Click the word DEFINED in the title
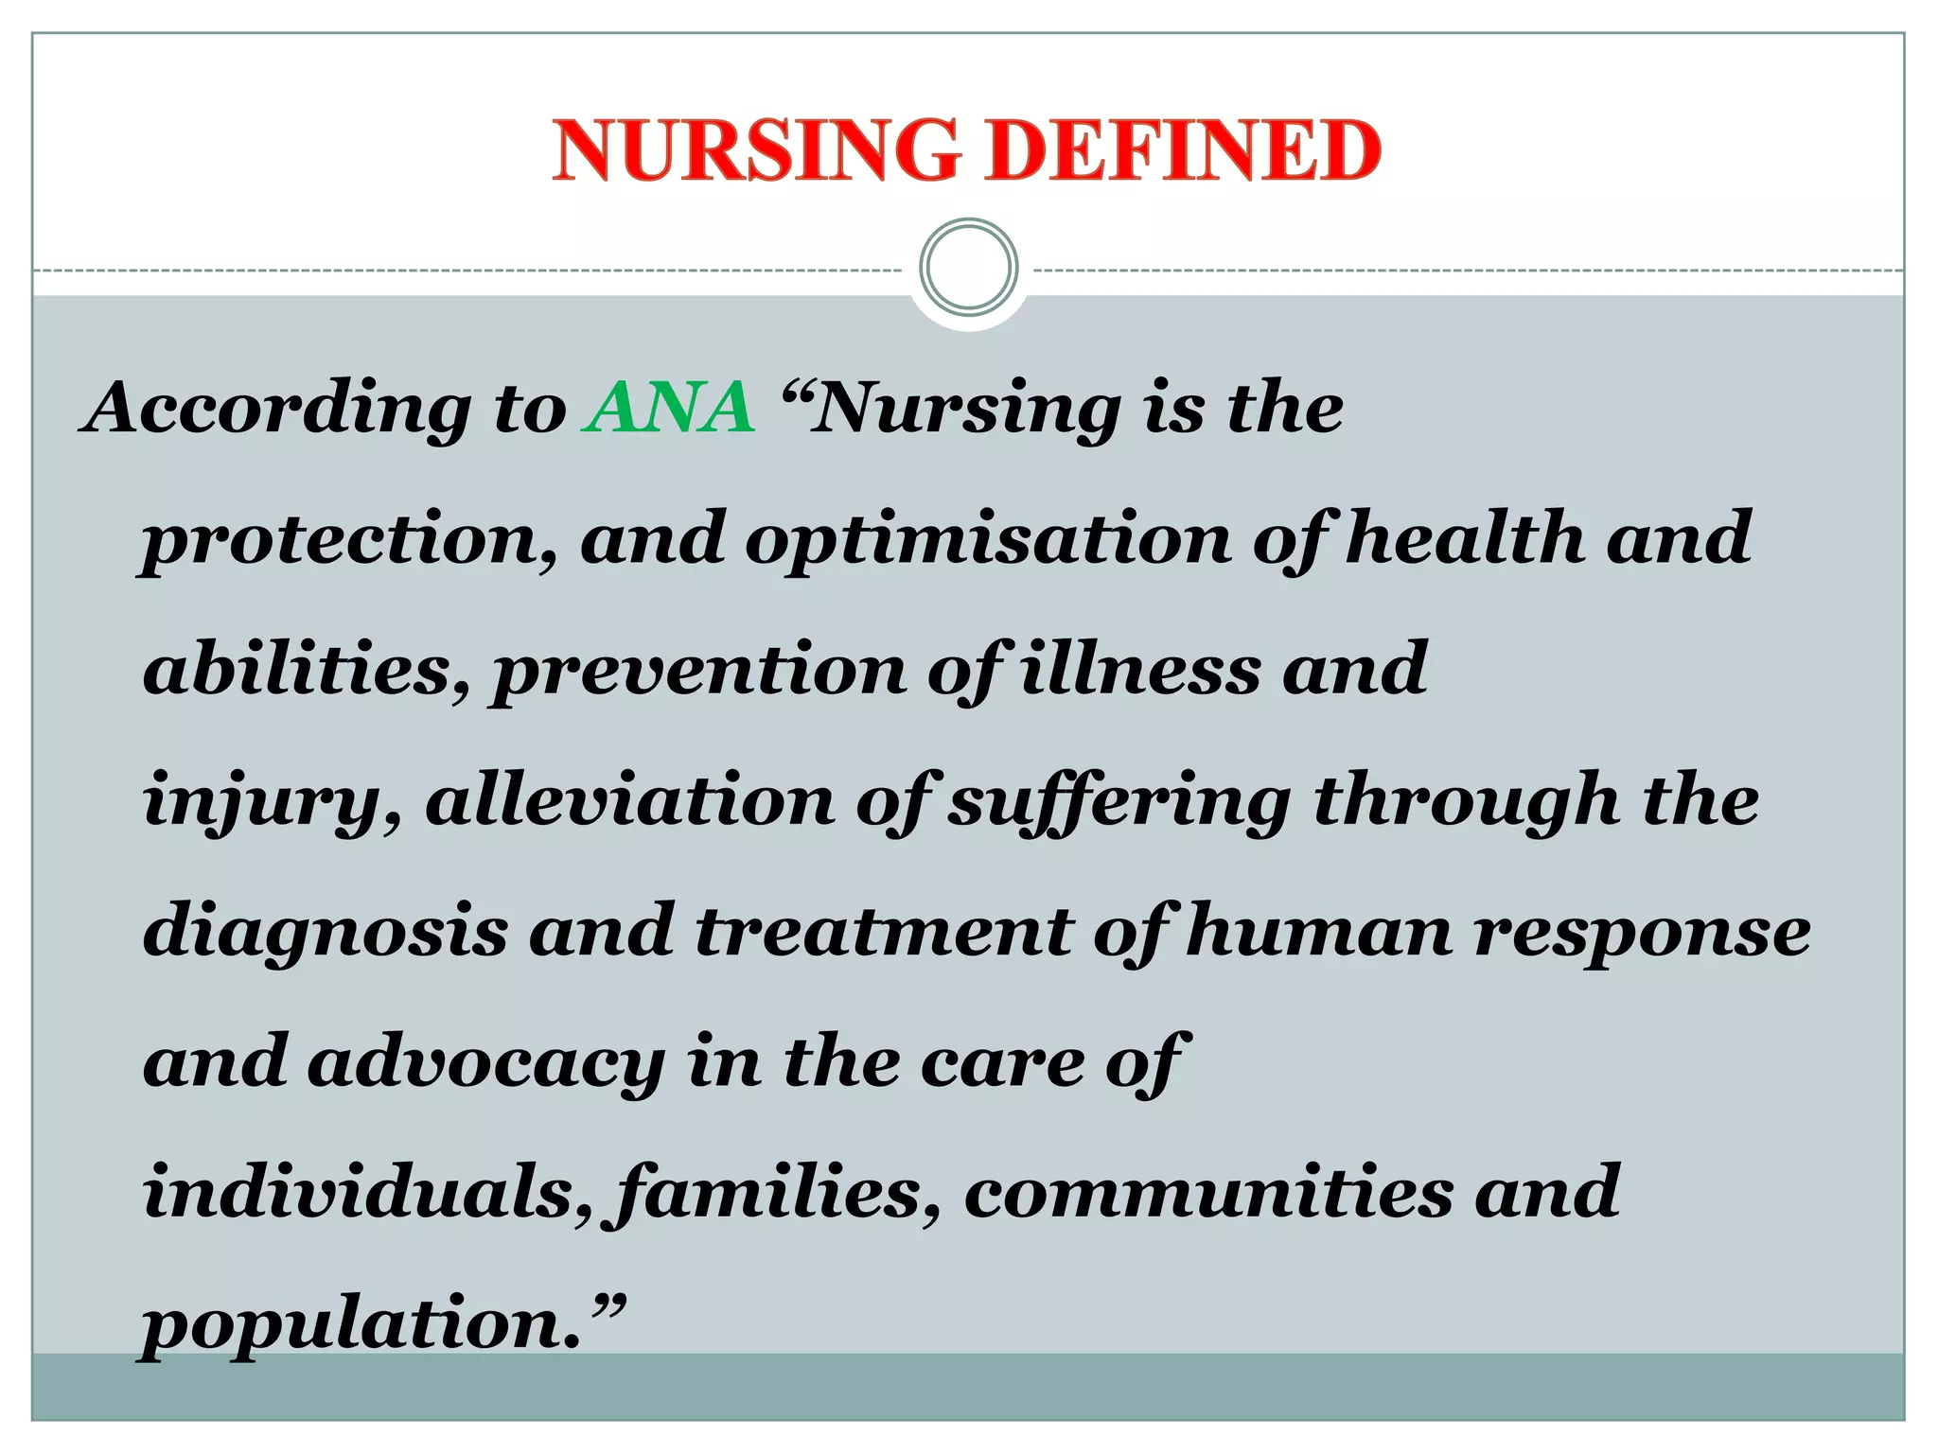(x=1183, y=150)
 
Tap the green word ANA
(x=670, y=408)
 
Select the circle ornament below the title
(x=968, y=267)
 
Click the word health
(x=1465, y=537)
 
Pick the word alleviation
(x=629, y=799)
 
